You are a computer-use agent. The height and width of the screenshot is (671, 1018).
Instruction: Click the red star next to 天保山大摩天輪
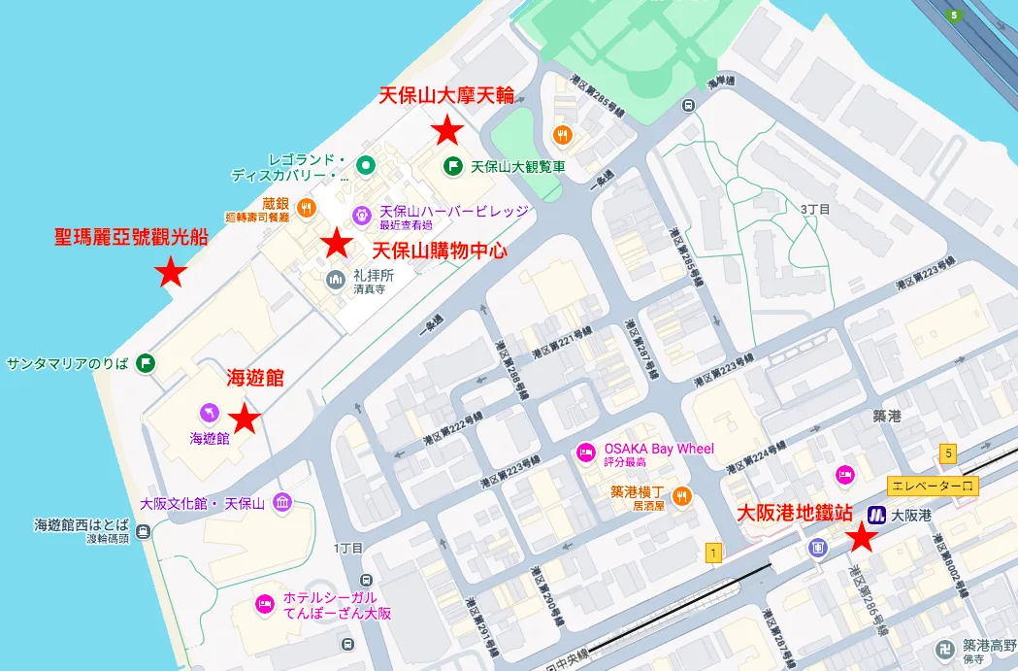click(x=447, y=129)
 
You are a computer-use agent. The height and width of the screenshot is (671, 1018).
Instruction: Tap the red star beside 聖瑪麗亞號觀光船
click(x=171, y=273)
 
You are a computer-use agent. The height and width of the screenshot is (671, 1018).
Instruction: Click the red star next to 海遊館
click(x=244, y=419)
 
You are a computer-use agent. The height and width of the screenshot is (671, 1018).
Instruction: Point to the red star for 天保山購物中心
click(x=337, y=242)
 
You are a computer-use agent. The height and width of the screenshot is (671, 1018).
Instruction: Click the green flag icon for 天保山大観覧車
click(x=452, y=166)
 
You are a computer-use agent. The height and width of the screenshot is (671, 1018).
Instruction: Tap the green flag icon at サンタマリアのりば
click(x=145, y=364)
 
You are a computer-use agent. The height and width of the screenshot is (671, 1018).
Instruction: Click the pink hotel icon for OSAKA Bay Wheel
click(x=585, y=452)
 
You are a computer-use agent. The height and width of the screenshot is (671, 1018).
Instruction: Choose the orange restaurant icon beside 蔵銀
click(x=306, y=206)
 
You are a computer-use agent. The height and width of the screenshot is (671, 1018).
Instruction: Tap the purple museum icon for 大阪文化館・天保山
click(x=281, y=502)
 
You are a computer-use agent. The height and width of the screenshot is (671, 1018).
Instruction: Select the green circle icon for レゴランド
click(x=365, y=166)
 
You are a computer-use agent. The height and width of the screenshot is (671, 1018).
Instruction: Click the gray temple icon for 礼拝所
click(x=336, y=280)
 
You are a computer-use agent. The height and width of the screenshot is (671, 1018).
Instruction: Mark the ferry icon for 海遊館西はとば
click(x=144, y=531)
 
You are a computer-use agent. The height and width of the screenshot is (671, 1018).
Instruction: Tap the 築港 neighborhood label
click(x=887, y=417)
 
